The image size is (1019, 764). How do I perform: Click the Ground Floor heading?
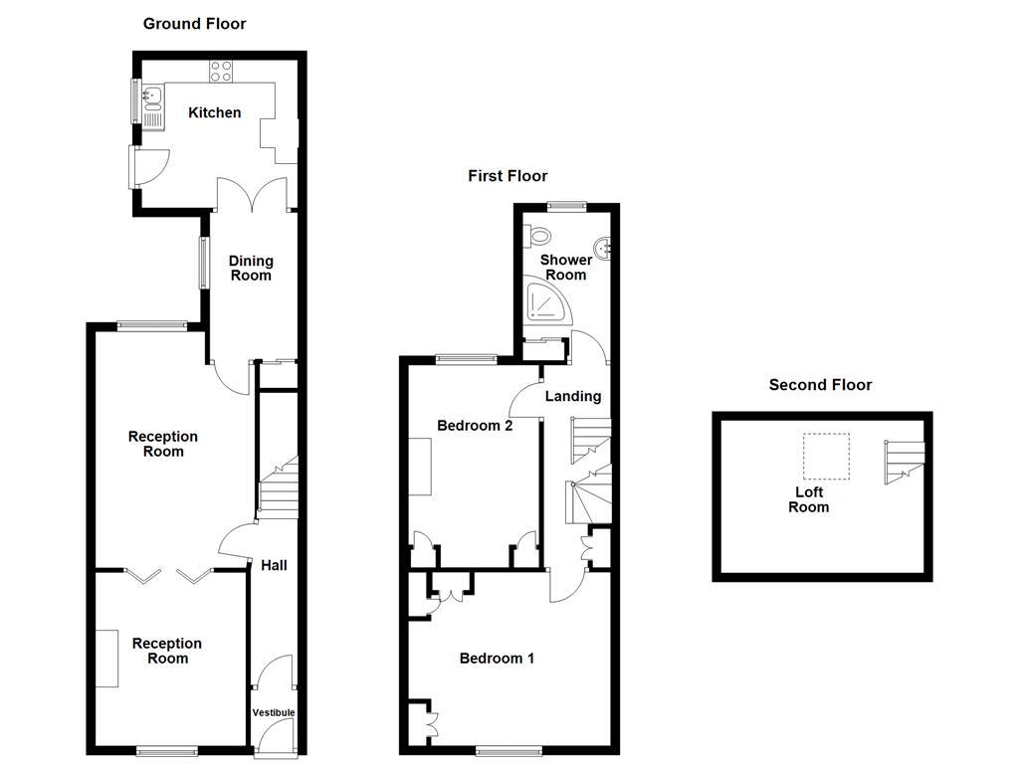[x=194, y=23]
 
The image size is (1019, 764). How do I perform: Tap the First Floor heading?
[x=508, y=176]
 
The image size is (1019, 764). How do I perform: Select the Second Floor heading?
[x=820, y=385]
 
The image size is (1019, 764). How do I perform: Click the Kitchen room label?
[x=215, y=112]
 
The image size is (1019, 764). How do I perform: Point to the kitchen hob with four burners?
[x=221, y=71]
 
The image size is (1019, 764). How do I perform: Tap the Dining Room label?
[x=251, y=268]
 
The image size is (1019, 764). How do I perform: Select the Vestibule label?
[x=273, y=712]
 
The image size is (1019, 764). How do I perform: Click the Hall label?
[x=274, y=565]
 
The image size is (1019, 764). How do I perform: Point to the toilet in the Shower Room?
[x=540, y=236]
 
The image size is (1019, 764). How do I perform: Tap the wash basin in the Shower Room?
[x=602, y=248]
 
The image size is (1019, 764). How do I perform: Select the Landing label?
[x=573, y=396]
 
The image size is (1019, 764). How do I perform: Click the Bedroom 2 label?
[x=475, y=426]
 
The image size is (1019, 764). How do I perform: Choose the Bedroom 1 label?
[x=497, y=658]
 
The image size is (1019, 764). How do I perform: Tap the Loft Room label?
[x=808, y=499]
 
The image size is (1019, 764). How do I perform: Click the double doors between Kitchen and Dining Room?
[x=255, y=195]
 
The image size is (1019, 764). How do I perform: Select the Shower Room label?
[x=565, y=267]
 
